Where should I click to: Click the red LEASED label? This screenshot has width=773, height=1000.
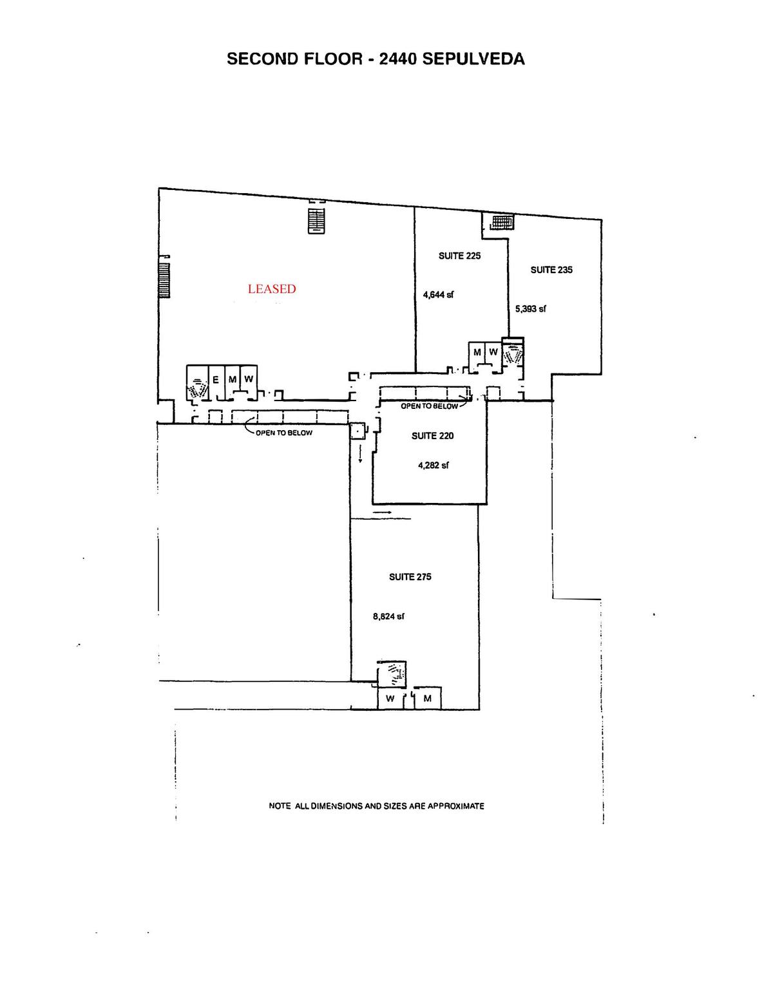pos(272,289)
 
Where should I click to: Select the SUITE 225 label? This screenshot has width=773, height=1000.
pos(459,256)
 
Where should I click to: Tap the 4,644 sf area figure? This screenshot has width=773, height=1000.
pos(438,295)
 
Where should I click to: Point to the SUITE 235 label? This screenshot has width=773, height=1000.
pos(551,270)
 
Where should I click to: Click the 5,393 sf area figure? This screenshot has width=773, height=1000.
pos(530,309)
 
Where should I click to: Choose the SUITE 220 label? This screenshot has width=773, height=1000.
pos(432,436)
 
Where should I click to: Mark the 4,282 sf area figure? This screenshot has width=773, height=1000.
pos(433,465)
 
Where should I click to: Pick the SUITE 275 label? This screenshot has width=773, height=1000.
pos(410,577)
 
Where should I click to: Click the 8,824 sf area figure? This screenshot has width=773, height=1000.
pos(388,616)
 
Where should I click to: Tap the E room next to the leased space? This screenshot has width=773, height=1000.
pos(216,379)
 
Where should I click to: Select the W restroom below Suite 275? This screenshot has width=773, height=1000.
pos(390,699)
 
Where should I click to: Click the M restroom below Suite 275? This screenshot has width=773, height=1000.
pos(427,699)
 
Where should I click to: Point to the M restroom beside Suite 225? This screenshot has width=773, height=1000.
pos(477,352)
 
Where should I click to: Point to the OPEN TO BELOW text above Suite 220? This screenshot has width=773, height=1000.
pos(429,406)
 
